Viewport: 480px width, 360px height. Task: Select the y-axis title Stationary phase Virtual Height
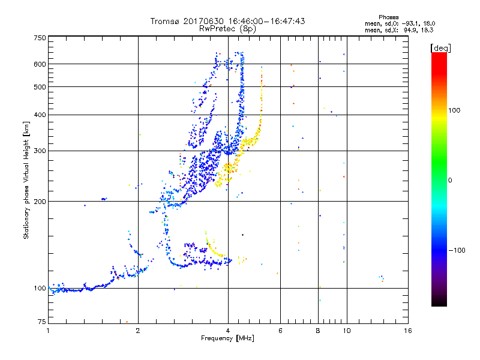pyautogui.click(x=26, y=180)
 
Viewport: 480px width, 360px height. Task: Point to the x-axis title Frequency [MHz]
pyautogui.click(x=227, y=339)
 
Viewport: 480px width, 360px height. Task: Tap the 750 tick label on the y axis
pyautogui.click(x=40, y=37)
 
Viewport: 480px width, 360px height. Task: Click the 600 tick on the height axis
pyautogui.click(x=40, y=64)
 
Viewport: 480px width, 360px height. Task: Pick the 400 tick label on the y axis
pyautogui.click(x=40, y=115)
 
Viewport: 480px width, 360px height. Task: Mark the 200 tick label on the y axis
pyautogui.click(x=40, y=201)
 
